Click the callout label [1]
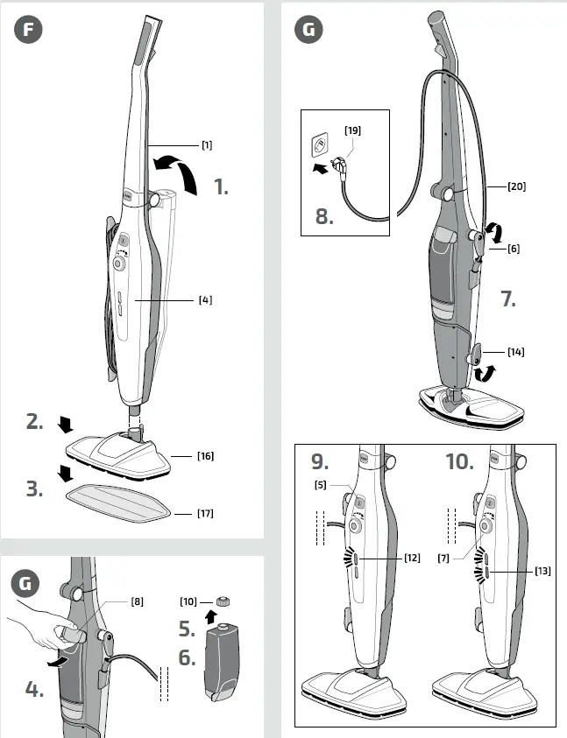click(207, 144)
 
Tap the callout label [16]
click(206, 456)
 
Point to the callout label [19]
click(352, 130)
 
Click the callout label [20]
click(517, 186)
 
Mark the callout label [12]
click(412, 558)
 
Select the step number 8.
click(324, 215)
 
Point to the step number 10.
click(459, 460)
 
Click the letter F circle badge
click(29, 30)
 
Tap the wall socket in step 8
click(322, 144)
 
